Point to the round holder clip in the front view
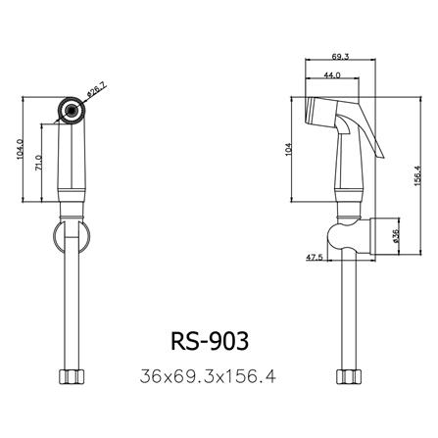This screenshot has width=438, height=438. click(73, 235)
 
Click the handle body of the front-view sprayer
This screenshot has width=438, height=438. click(72, 162)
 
